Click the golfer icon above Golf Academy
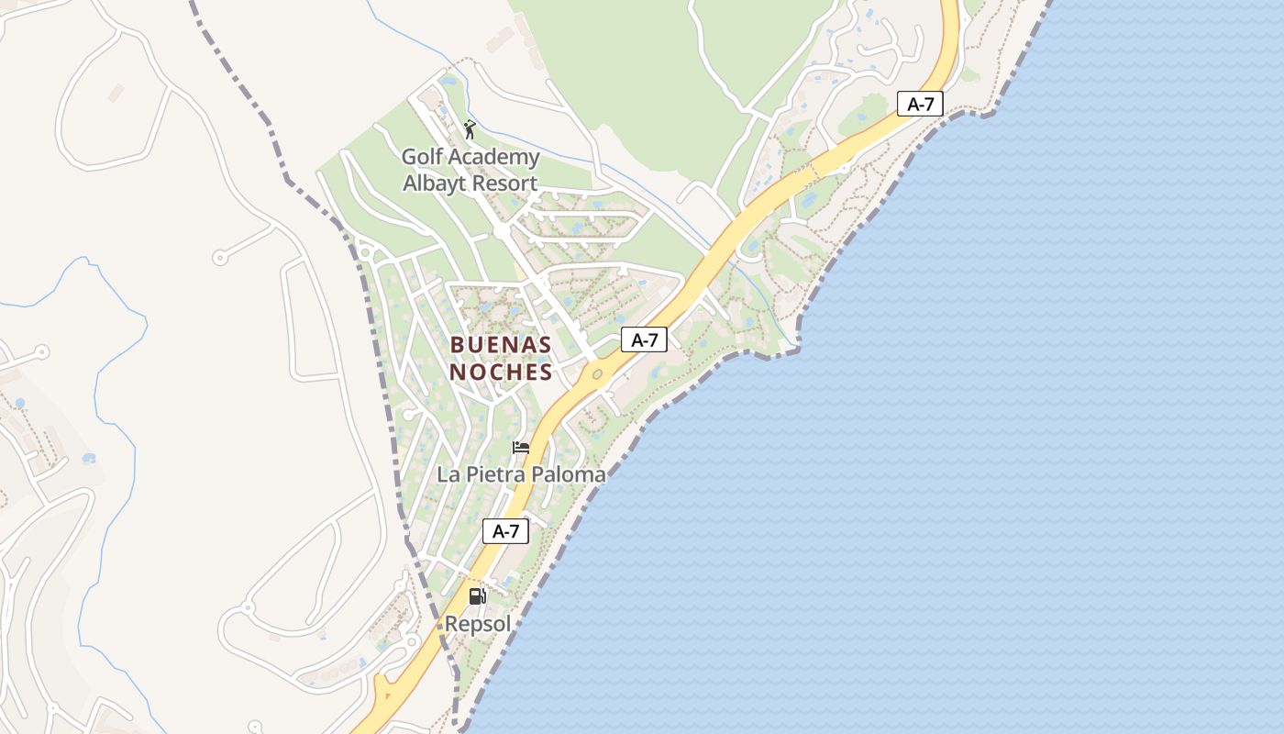470,129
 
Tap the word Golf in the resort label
422,157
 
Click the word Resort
505,183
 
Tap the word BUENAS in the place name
501,345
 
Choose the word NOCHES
501,372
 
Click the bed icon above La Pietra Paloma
521,448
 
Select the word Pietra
494,474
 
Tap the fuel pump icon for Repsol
477,596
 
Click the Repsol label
477,624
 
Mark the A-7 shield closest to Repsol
505,530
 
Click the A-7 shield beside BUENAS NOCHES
644,339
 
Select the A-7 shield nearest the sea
920,104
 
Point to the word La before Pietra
448,474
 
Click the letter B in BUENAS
457,345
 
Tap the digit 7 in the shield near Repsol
515,530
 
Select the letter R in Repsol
451,624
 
